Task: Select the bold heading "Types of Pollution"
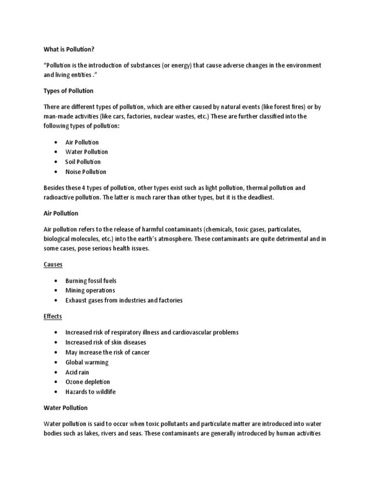tap(69, 91)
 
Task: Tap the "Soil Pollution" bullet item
tap(83, 162)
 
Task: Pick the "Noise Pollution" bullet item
tap(86, 172)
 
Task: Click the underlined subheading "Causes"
tap(53, 265)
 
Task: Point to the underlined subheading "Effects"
tap(53, 317)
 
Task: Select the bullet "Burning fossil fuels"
tap(91, 281)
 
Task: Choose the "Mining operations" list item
tap(90, 291)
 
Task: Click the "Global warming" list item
tap(87, 362)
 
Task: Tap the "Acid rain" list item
tap(78, 372)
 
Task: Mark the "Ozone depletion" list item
tap(88, 382)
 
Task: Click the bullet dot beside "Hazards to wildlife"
tap(57, 392)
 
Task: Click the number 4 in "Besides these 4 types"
tap(92, 188)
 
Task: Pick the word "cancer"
tap(140, 352)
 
